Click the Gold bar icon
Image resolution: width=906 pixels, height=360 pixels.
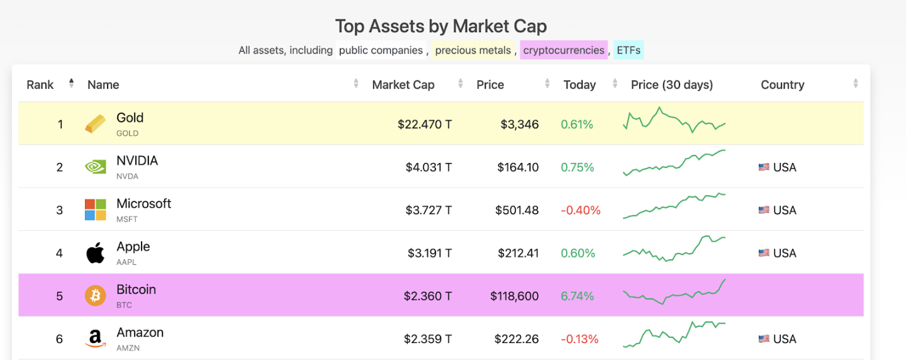[96, 124]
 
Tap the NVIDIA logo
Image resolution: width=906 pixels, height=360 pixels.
[96, 167]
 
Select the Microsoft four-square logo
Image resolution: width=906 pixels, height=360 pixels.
[96, 210]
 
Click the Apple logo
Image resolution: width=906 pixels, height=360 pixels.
[96, 253]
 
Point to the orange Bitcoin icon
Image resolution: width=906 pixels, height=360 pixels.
[96, 296]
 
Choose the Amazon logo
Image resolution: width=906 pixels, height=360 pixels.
[96, 339]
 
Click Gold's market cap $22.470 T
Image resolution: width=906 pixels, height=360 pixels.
[424, 125]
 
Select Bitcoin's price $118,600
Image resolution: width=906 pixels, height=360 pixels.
[514, 296]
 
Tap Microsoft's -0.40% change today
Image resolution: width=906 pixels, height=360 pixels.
[580, 210]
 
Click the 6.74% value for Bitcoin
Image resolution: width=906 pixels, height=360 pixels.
[577, 296]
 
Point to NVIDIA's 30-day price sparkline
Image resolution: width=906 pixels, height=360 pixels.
[674, 163]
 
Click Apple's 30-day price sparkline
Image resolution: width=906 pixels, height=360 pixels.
[674, 249]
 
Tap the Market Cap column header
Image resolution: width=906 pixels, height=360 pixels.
[403, 85]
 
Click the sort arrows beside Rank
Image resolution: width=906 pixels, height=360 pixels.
[71, 84]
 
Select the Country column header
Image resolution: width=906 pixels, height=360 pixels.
[782, 85]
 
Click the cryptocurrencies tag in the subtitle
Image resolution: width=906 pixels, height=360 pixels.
[564, 50]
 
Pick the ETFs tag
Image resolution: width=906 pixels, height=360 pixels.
[629, 50]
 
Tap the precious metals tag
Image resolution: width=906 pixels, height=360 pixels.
[473, 50]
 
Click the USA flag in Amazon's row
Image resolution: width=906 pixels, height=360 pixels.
[764, 339]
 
